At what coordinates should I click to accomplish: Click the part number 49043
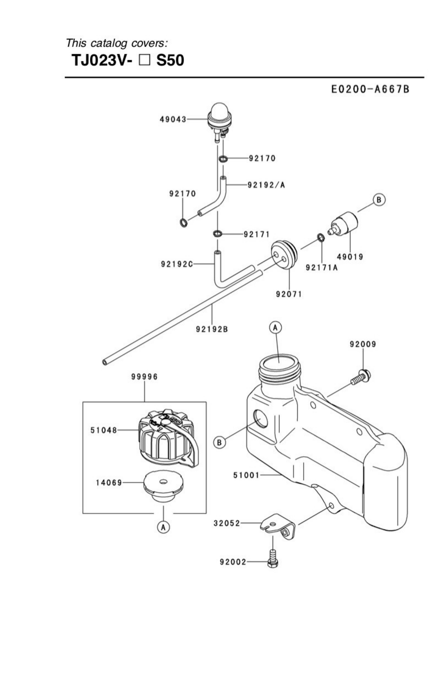(x=173, y=119)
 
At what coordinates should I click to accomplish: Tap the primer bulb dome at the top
(x=219, y=109)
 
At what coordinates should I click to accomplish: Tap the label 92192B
(x=212, y=329)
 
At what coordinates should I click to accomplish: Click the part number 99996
(x=144, y=377)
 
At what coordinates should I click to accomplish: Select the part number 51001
(x=246, y=475)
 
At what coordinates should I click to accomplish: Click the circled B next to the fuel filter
(x=379, y=200)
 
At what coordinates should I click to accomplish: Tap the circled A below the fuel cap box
(x=163, y=527)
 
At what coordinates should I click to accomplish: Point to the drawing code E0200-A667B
(x=370, y=89)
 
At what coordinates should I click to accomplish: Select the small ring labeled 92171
(x=217, y=234)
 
